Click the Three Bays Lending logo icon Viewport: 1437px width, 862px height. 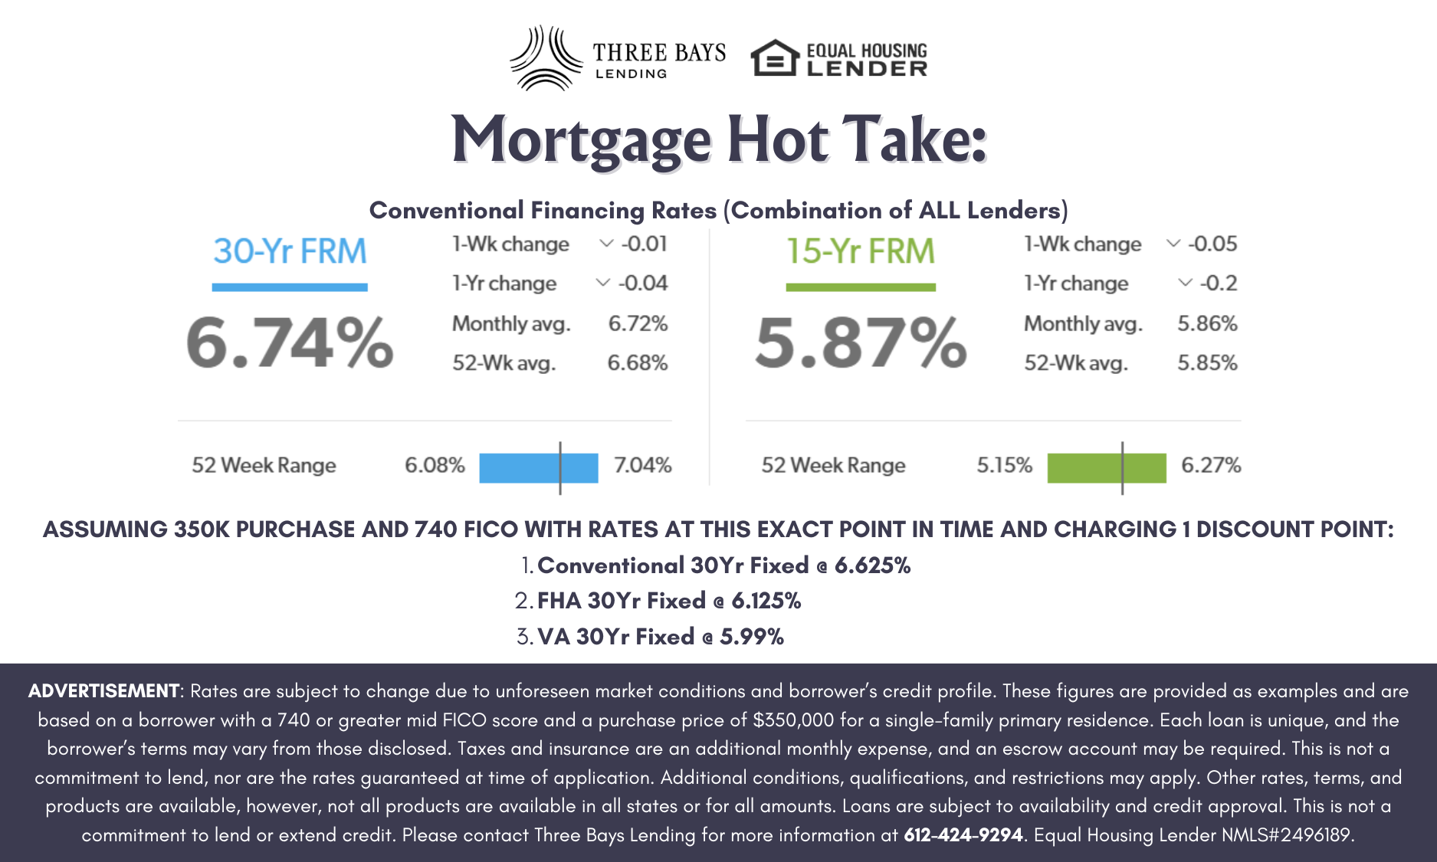(544, 58)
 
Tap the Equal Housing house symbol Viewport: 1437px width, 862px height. (774, 58)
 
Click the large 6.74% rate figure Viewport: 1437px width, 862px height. (290, 343)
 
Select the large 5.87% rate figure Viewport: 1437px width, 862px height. (861, 343)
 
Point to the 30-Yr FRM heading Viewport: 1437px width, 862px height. (290, 251)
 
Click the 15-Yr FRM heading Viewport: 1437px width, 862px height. (861, 251)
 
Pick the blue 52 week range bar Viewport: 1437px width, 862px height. (538, 467)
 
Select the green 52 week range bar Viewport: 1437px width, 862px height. (1106, 467)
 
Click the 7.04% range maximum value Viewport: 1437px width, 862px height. (642, 465)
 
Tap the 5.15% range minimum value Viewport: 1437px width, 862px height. (1004, 465)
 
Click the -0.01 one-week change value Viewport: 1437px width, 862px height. (644, 244)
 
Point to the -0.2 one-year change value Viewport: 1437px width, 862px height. (1218, 284)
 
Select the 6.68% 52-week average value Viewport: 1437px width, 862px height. (638, 362)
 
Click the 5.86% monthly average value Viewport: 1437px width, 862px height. (1207, 323)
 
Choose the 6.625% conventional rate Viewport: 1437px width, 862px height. (872, 565)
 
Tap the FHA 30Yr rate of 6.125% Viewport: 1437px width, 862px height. (766, 601)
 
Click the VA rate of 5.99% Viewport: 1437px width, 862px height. (752, 637)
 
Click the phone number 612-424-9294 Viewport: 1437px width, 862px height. (963, 834)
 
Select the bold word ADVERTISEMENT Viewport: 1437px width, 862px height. (103, 691)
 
